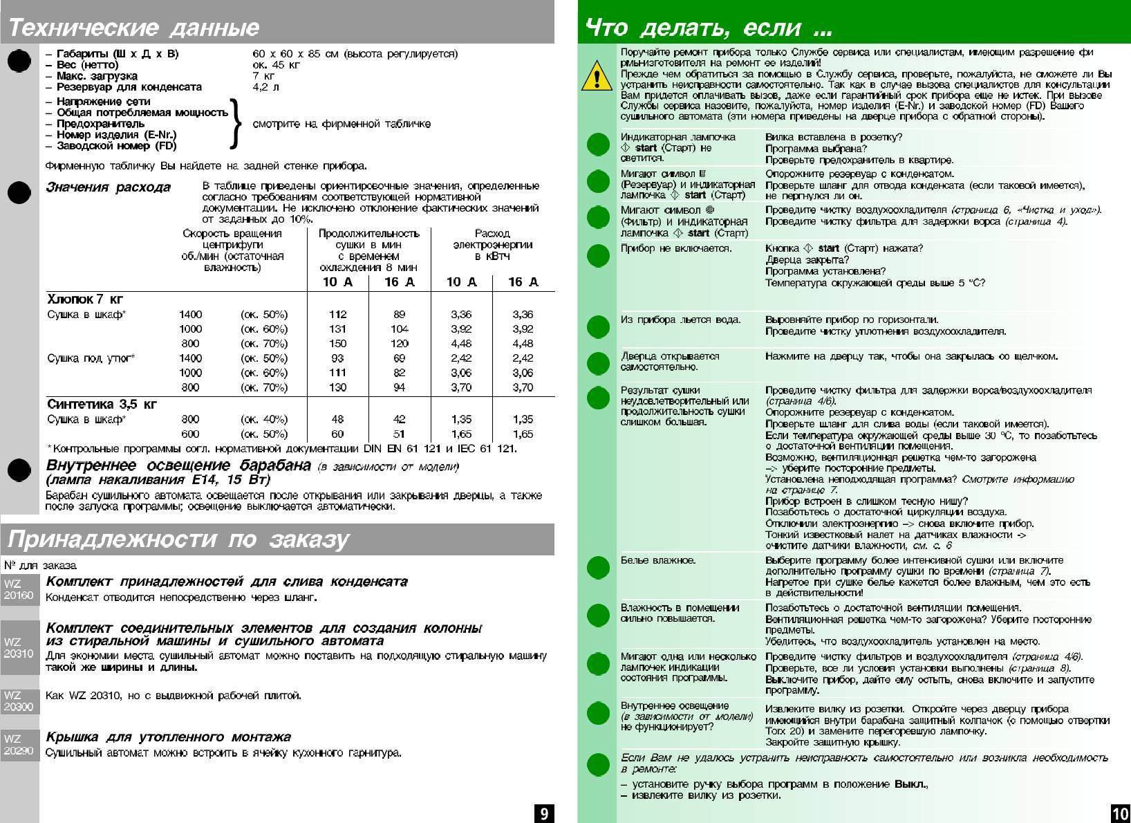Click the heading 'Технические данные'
pyautogui.click(x=133, y=28)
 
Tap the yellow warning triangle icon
pyautogui.click(x=596, y=76)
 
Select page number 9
pyautogui.click(x=544, y=813)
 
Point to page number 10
pyautogui.click(x=1119, y=813)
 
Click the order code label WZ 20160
pyautogui.click(x=19, y=589)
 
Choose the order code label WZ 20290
pyautogui.click(x=19, y=745)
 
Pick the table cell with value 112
pyautogui.click(x=337, y=315)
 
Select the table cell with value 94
pyautogui.click(x=399, y=387)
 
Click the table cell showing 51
pyautogui.click(x=399, y=434)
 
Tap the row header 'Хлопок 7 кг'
pyautogui.click(x=85, y=299)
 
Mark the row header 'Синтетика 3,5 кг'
pyautogui.click(x=102, y=405)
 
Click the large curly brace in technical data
pyautogui.click(x=236, y=124)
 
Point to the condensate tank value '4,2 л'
pyautogui.click(x=266, y=87)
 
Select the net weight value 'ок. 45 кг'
pyautogui.click(x=277, y=65)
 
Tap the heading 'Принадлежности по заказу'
pyautogui.click(x=178, y=539)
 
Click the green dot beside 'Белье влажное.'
pyautogui.click(x=598, y=568)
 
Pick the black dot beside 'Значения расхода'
pyautogui.click(x=19, y=192)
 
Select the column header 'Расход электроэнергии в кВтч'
pyautogui.click(x=492, y=245)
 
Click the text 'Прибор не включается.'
pyautogui.click(x=675, y=248)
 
